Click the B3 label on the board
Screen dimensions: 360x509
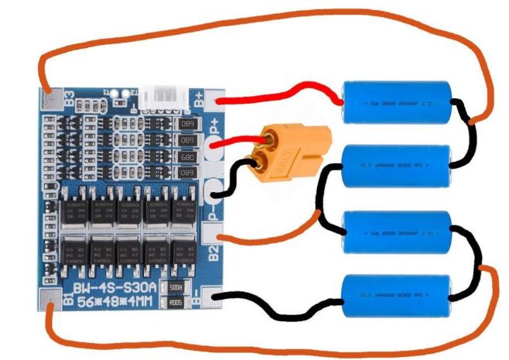[69, 98]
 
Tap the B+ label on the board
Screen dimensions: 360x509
[199, 98]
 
